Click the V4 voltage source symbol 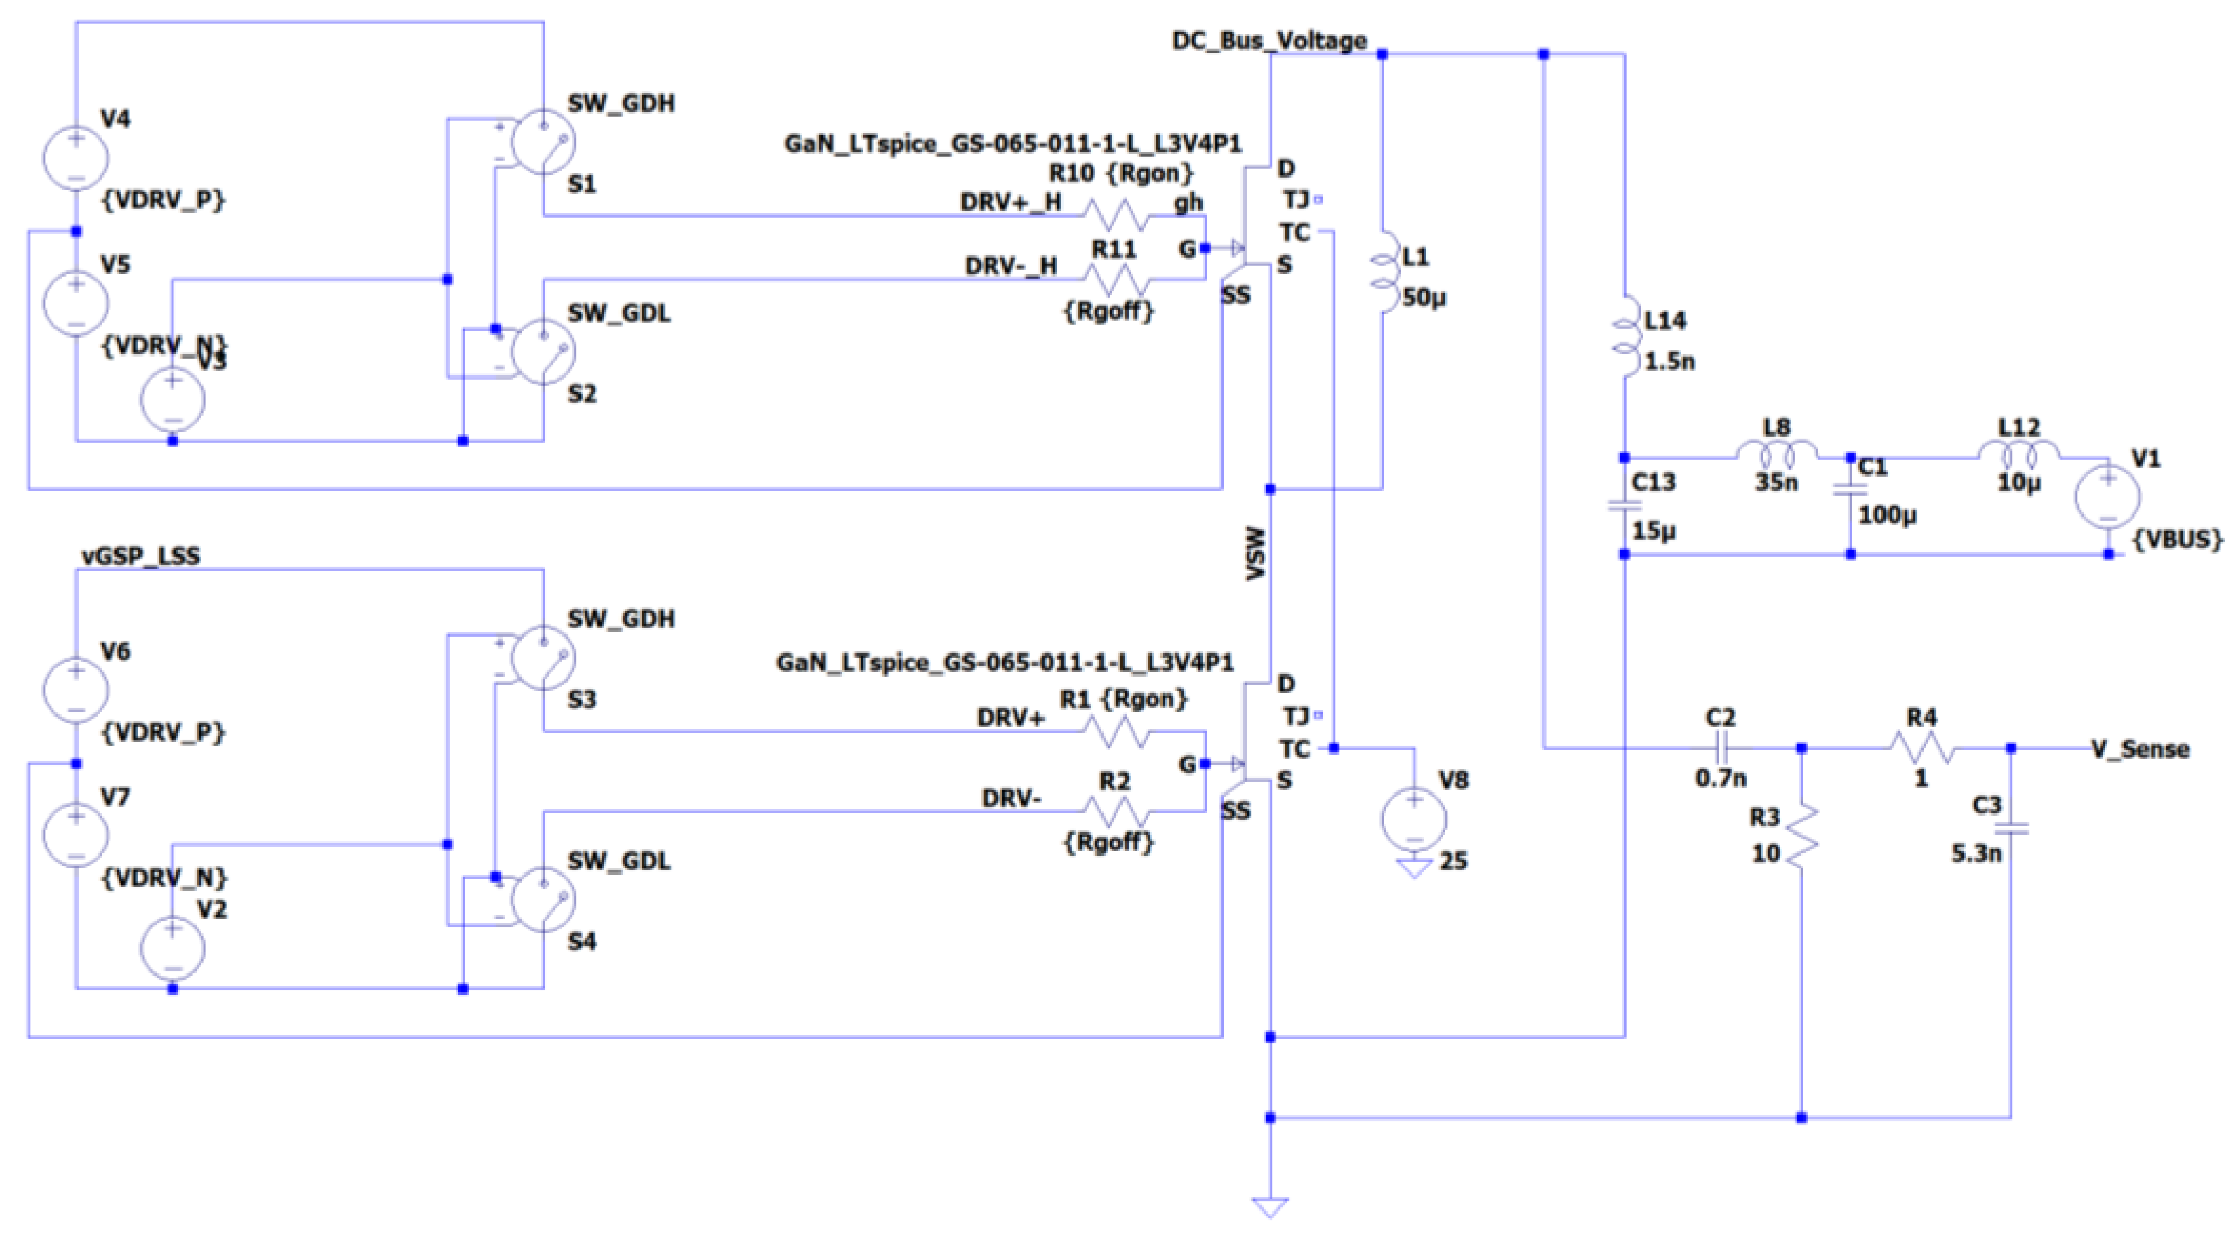click(76, 158)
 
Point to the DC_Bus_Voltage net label click(1269, 41)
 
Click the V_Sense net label click(2139, 749)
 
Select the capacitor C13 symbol click(1624, 505)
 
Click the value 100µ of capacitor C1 click(1887, 515)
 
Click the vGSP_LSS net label click(140, 556)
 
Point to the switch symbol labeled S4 click(543, 900)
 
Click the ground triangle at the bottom click(1269, 1207)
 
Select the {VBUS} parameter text click(2177, 540)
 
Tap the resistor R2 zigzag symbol click(1118, 811)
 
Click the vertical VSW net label click(1254, 552)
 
